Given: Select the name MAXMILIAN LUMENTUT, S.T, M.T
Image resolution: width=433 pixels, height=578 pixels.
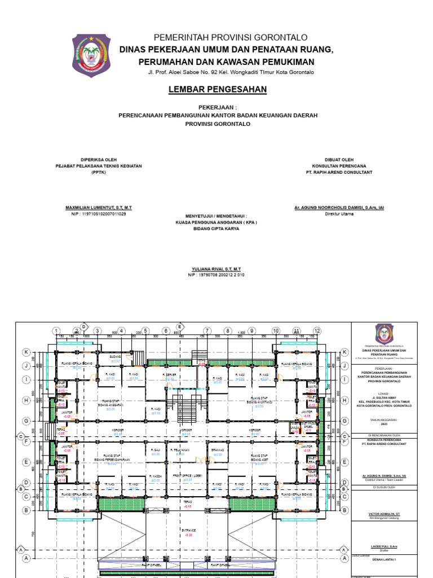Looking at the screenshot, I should (99, 208).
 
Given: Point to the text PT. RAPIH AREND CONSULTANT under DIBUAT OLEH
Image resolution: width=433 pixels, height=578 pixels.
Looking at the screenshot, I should (339, 172).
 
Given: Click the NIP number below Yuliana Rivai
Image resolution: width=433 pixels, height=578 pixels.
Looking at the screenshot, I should (216, 275).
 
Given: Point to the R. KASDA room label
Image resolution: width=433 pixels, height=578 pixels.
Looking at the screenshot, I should (156, 476).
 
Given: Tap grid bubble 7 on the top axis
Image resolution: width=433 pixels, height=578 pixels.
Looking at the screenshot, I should (207, 331).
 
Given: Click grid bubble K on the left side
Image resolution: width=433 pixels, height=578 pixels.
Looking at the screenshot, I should (26, 352).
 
